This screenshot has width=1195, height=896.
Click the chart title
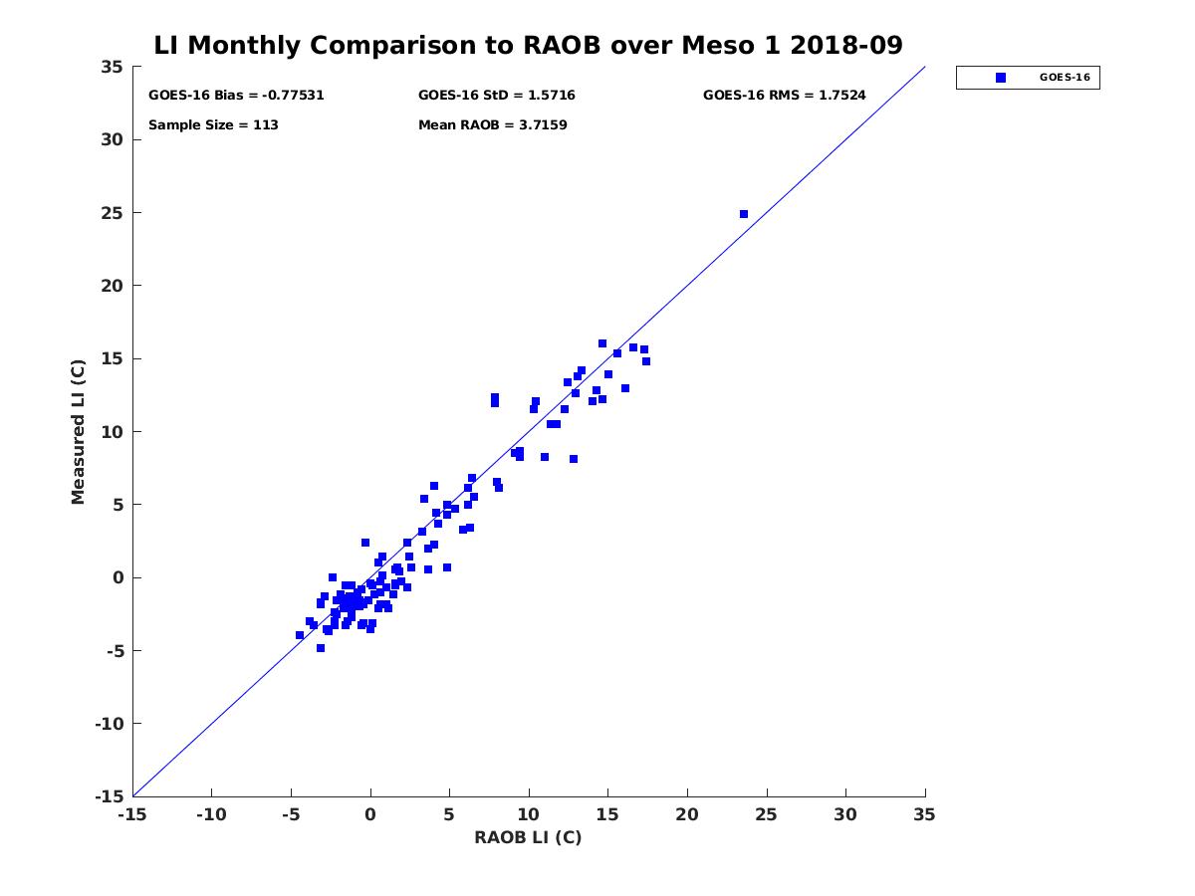(x=528, y=46)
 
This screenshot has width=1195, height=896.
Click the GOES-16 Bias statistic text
(x=236, y=96)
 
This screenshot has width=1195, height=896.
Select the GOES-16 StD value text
(x=496, y=96)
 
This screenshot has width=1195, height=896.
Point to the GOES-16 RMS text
(x=784, y=96)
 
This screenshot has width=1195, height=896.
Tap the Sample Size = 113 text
(x=213, y=125)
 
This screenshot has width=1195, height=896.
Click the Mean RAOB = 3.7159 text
(x=492, y=125)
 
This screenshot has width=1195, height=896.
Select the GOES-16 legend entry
(x=1028, y=78)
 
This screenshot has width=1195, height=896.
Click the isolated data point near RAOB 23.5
(x=743, y=214)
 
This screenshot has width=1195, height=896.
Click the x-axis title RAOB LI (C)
(x=528, y=837)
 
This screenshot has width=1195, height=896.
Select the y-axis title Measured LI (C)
(x=78, y=432)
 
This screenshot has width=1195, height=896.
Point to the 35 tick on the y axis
(x=113, y=67)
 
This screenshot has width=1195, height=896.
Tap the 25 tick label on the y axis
(x=113, y=213)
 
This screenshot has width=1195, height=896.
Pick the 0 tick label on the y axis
(x=118, y=577)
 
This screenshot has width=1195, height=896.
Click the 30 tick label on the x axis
(x=845, y=814)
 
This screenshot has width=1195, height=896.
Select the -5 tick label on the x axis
(x=290, y=814)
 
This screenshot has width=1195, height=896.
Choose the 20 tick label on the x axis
(x=687, y=814)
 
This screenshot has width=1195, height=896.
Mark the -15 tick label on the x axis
(x=131, y=814)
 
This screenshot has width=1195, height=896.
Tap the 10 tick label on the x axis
(x=529, y=814)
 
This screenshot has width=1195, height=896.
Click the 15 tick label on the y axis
(x=113, y=358)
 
